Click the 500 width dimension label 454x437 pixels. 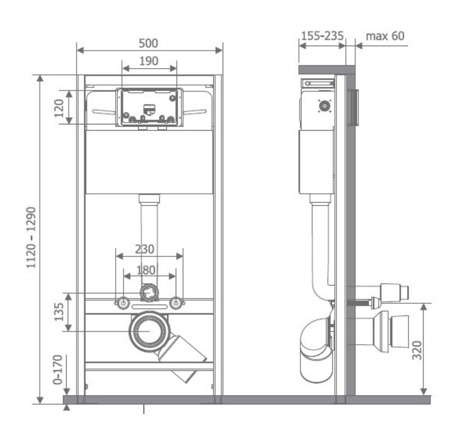click(148, 43)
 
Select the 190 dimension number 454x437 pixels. click(149, 61)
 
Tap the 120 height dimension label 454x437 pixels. click(59, 108)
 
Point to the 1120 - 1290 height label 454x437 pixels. click(31, 238)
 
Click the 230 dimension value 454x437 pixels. click(144, 249)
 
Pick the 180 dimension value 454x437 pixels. click(146, 270)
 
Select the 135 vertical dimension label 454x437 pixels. click(59, 312)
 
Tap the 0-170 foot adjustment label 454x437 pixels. click(58, 369)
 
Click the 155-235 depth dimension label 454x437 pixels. click(322, 36)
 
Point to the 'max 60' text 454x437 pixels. click(385, 36)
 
